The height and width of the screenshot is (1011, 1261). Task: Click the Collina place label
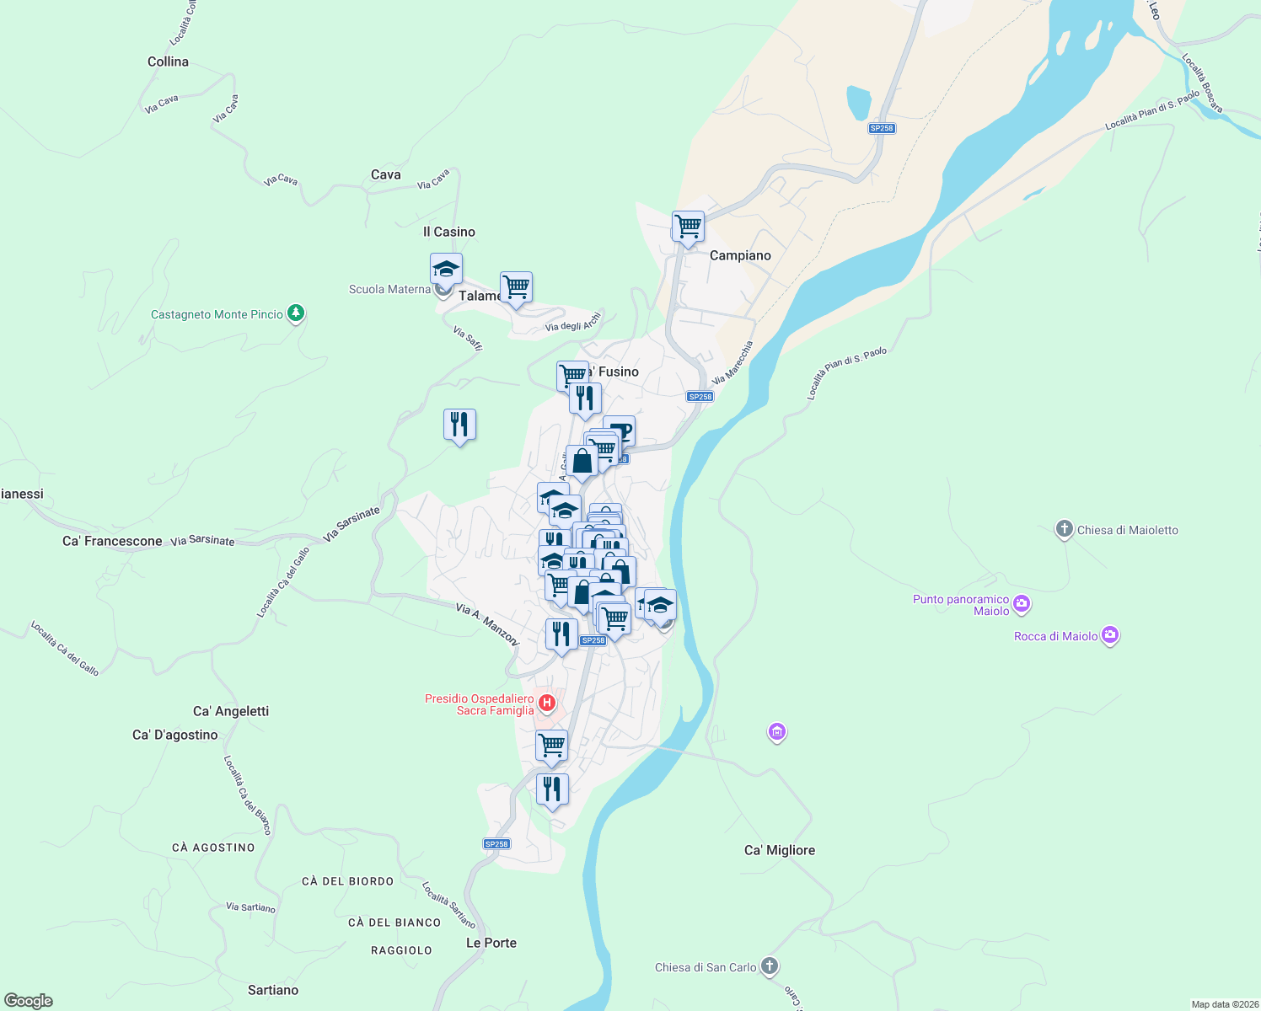(168, 62)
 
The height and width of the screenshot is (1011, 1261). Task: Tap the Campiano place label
(740, 255)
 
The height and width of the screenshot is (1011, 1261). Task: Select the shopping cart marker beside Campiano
(688, 227)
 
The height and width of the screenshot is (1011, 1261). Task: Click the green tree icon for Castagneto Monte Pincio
(295, 313)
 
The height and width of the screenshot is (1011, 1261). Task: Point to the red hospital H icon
(547, 702)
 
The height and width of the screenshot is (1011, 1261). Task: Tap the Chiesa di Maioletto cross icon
(1064, 529)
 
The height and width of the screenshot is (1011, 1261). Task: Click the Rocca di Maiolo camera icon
(1110, 635)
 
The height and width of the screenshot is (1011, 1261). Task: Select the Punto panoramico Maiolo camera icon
(1022, 603)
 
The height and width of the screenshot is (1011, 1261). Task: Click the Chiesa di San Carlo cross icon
(769, 966)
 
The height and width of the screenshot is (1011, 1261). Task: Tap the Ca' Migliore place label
(780, 850)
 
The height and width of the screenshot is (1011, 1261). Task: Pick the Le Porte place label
(491, 943)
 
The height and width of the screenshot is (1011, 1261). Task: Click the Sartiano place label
(273, 990)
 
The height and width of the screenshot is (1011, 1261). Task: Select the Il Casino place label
(449, 232)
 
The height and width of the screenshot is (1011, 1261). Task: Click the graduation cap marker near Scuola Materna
(446, 270)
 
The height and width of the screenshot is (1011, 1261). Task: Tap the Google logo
(29, 1001)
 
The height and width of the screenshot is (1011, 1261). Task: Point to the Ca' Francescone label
(112, 541)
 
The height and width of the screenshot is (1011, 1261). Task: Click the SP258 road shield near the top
(881, 128)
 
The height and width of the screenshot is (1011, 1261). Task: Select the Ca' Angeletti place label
(231, 711)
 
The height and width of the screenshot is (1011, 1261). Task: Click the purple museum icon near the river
(776, 732)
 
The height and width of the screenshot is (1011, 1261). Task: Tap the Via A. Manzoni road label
(487, 624)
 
